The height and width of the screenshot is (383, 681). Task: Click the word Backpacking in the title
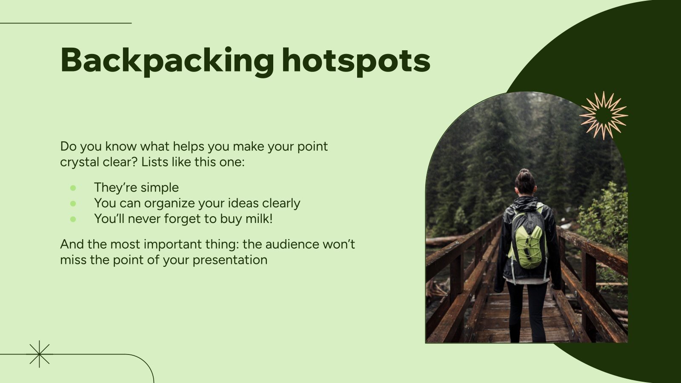[x=167, y=60]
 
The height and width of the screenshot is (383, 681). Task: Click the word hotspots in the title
[x=356, y=60]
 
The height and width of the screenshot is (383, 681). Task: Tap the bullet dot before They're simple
[x=73, y=188]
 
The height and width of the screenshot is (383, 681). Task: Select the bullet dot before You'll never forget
[x=73, y=219]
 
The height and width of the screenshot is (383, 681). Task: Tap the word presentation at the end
[x=230, y=260]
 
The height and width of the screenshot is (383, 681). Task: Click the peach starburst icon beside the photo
[x=603, y=115]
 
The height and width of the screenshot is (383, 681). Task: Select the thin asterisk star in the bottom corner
[x=39, y=354]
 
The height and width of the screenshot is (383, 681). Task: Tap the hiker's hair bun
[x=524, y=173]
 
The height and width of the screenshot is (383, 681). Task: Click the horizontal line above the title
[x=66, y=23]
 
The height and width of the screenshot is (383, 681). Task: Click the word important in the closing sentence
[x=181, y=244]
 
